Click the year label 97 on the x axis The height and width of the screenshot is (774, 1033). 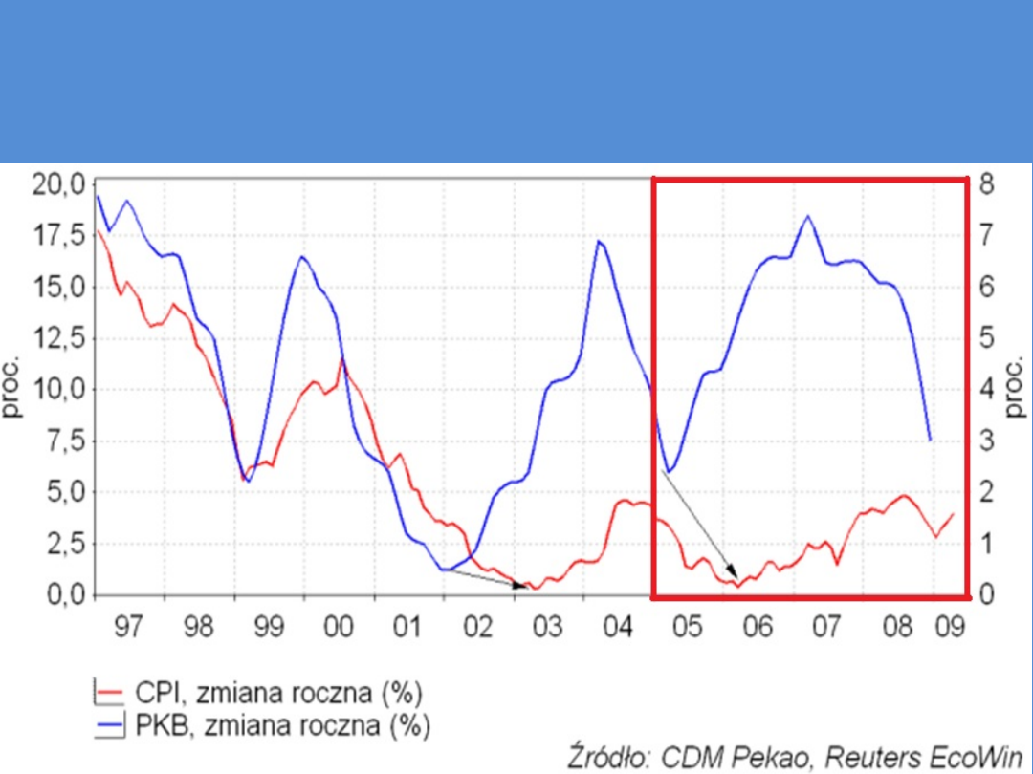(127, 628)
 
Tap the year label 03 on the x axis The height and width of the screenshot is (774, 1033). (547, 628)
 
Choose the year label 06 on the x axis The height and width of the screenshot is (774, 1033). (757, 628)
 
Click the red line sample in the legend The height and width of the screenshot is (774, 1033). (113, 692)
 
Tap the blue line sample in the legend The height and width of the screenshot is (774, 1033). (113, 726)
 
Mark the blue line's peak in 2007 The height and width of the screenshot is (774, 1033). (808, 216)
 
